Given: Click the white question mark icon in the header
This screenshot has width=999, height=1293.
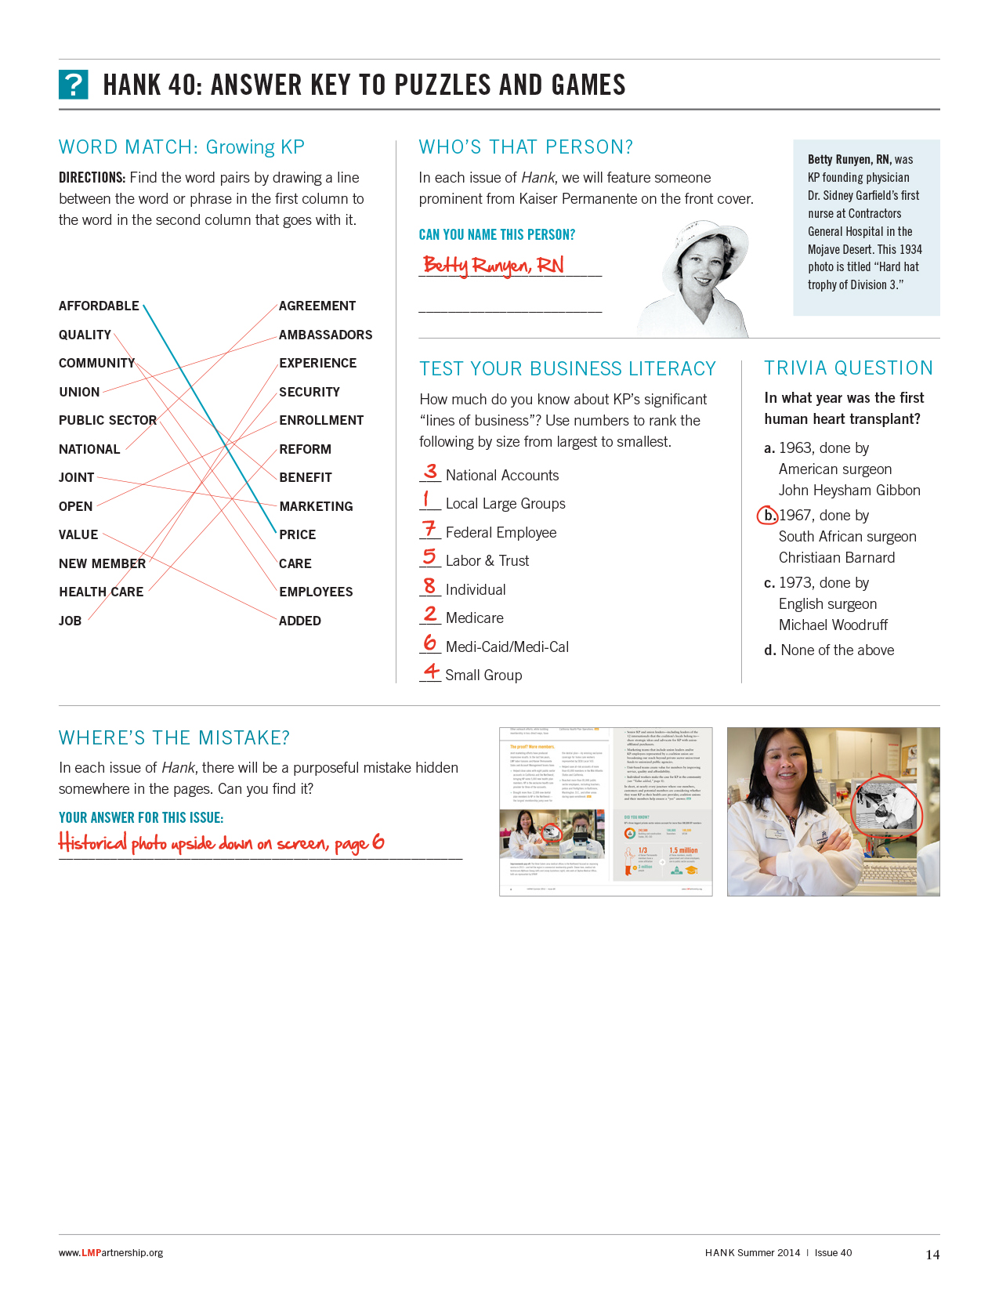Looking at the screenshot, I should coord(73,85).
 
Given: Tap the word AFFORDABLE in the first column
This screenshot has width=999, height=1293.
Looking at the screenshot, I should coord(99,306).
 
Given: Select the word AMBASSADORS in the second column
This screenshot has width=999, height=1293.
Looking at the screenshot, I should coord(325,335).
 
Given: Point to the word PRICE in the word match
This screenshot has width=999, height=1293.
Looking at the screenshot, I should coord(298,534).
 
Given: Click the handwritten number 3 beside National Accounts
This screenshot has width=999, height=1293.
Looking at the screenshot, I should coord(430,472).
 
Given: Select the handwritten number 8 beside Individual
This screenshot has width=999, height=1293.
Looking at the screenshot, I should coord(429,586).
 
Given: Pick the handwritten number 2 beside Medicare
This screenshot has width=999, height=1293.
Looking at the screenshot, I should coord(430,614).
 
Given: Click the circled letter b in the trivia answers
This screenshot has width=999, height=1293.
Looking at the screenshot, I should coord(768,515).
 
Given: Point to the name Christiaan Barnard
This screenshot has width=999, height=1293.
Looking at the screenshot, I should coord(836,557).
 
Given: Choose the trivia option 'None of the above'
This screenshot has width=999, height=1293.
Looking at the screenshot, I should coord(837,650).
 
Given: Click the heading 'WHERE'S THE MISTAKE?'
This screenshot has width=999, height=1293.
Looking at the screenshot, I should coord(174,737).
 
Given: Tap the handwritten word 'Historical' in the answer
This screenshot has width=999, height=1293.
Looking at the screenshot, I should coord(92,842).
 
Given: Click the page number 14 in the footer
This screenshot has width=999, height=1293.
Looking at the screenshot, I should coord(932,1254).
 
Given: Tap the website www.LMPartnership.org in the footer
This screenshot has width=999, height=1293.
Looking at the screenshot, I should coord(110,1252).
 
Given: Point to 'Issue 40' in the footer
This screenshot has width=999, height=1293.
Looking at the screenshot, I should coord(833,1252).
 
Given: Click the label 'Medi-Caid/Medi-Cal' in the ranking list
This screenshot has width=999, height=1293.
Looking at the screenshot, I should coord(507,646).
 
